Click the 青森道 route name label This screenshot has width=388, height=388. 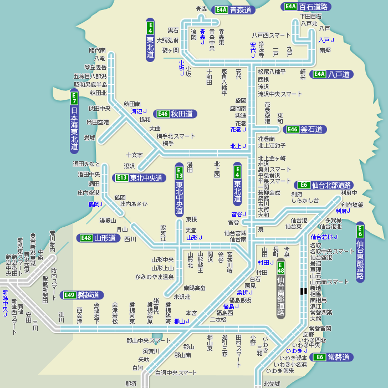241,10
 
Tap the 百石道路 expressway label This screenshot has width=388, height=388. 313,7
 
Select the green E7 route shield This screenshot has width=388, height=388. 74,98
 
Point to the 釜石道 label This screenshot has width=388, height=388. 313,129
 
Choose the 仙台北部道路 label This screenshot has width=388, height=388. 331,185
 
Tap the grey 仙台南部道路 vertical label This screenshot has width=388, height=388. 280,297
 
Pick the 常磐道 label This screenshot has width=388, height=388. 338,357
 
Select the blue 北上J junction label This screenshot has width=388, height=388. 238,146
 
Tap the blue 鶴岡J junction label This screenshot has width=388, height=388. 95,204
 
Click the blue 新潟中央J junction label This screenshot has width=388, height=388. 5,303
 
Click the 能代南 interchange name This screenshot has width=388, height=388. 96,50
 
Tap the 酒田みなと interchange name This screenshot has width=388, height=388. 86,164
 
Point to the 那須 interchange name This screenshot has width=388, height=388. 131,384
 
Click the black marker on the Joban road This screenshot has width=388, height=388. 302,290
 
